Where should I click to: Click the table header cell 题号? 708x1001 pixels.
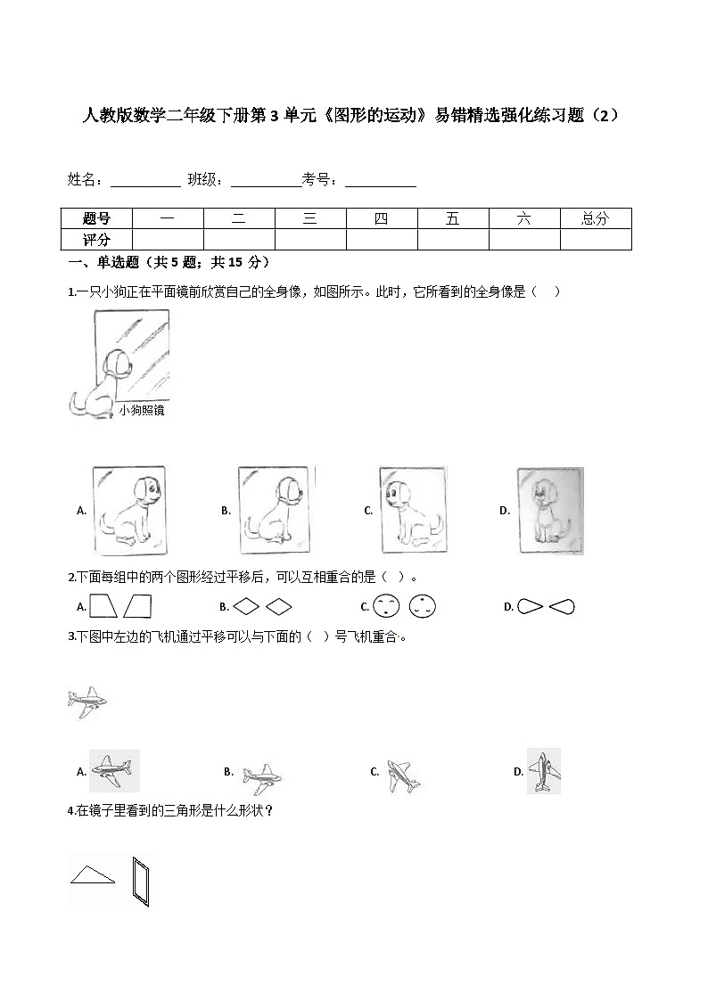[96, 218]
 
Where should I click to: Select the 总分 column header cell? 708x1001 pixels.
[595, 218]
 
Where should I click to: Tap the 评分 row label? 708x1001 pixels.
[96, 240]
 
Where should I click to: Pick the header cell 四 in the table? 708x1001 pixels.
[382, 218]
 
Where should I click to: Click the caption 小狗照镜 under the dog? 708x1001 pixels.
[142, 411]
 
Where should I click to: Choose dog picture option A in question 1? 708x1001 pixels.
[129, 510]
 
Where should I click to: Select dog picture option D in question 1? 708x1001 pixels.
[550, 511]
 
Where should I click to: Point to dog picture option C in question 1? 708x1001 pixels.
[412, 510]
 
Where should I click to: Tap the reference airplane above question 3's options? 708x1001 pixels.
[86, 702]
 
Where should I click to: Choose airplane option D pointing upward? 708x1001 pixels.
[543, 771]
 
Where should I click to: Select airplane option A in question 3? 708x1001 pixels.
[114, 772]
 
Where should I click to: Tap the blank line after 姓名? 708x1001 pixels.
[144, 181]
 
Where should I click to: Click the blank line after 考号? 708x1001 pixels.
[381, 181]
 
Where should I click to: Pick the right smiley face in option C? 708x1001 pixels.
[422, 607]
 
